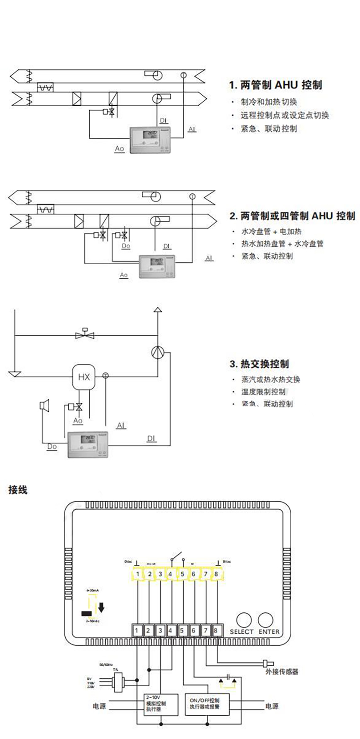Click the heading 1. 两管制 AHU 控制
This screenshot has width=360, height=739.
click(x=276, y=85)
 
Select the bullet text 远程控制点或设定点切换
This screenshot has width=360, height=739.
click(x=285, y=115)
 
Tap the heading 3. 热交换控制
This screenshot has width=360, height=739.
click(x=259, y=364)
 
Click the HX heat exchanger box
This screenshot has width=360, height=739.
click(x=84, y=377)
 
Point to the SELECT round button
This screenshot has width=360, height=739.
click(x=244, y=620)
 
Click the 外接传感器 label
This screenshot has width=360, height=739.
click(x=282, y=672)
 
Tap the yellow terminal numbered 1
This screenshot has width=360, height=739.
click(x=138, y=574)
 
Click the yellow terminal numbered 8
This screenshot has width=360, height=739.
click(x=216, y=574)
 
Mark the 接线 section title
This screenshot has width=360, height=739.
click(x=18, y=490)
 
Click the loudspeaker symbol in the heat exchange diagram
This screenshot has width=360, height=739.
click(x=44, y=404)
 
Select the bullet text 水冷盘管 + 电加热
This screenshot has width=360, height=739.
click(x=272, y=231)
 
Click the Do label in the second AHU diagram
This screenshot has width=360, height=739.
click(x=126, y=246)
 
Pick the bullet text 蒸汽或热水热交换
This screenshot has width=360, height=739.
click(x=271, y=380)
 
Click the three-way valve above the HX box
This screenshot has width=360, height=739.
click(x=85, y=334)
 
